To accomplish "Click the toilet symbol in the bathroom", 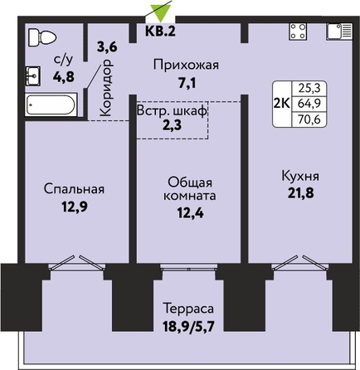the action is click(x=42, y=37).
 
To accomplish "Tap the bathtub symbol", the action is click(x=51, y=105).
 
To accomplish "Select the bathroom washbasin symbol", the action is click(x=33, y=75).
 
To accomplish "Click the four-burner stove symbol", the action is click(x=298, y=32).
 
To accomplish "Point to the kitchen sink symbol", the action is click(x=339, y=32).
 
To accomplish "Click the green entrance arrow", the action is click(x=160, y=13).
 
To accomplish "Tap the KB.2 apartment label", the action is click(x=160, y=32).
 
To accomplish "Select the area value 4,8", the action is click(x=64, y=76).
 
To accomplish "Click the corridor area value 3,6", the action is click(x=107, y=47).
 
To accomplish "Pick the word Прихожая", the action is click(x=186, y=66).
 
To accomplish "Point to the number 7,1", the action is click(x=187, y=83).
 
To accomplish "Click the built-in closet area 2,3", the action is click(x=172, y=125).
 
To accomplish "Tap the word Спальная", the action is click(x=74, y=189).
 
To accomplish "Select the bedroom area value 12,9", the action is click(x=75, y=207).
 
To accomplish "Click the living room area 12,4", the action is click(x=190, y=213).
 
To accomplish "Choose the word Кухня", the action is click(x=300, y=176).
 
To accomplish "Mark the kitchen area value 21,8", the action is click(x=300, y=193).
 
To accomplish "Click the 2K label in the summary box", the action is click(x=282, y=104).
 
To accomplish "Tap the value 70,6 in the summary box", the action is click(x=309, y=119).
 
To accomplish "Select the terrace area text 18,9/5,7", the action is click(x=188, y=327).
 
